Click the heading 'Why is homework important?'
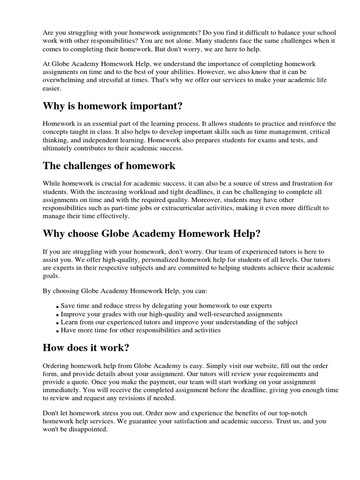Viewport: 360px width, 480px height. click(112, 106)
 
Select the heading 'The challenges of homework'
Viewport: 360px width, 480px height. click(109, 165)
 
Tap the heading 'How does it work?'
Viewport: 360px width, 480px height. click(86, 347)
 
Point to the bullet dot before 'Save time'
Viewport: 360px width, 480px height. click(58, 307)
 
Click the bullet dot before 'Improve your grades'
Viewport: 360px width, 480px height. click(58, 315)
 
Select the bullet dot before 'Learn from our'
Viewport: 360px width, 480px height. click(58, 323)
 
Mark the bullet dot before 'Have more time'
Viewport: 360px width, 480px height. click(58, 331)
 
